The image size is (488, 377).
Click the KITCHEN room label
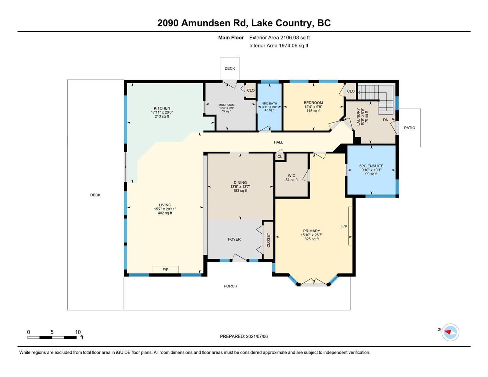[162, 108]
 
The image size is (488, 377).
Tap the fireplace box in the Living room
[165, 270]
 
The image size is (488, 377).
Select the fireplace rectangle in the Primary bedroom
[350, 226]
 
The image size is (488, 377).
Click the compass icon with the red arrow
[450, 332]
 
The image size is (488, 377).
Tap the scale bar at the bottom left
[52, 337]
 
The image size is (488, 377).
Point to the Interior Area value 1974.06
[288, 46]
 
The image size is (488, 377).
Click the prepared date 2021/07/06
[257, 336]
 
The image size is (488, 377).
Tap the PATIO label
[409, 128]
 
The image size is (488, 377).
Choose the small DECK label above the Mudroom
[230, 68]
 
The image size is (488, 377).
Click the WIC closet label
[291, 176]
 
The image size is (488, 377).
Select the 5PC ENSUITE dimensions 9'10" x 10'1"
[371, 170]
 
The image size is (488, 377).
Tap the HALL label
[278, 142]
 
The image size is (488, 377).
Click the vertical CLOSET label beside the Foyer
[268, 240]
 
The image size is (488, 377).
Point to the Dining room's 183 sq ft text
[240, 191]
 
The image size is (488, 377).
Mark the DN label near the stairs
[386, 120]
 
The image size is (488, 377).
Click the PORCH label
[230, 286]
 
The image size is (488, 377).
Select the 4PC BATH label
[270, 103]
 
